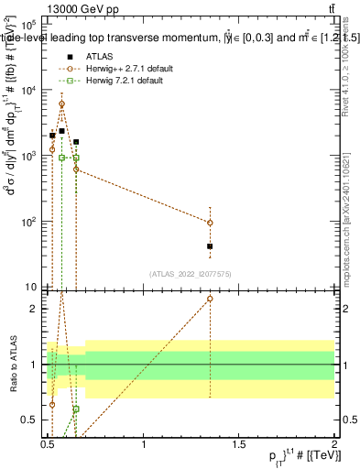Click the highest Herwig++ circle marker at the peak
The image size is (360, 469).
pyautogui.click(x=61, y=104)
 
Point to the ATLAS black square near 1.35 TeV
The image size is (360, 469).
pyautogui.click(x=210, y=246)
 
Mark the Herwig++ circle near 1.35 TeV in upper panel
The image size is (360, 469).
pyautogui.click(x=210, y=223)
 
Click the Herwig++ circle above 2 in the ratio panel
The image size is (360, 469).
pyautogui.click(x=210, y=299)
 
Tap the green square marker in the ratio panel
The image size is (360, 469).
pyautogui.click(x=76, y=409)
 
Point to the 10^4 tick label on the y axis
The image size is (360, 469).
pyautogui.click(x=27, y=90)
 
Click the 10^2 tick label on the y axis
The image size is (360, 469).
pyautogui.click(x=27, y=222)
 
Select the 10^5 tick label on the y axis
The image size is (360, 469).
pyautogui.click(x=27, y=25)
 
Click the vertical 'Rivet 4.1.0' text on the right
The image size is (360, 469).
pyautogui.click(x=352, y=69)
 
